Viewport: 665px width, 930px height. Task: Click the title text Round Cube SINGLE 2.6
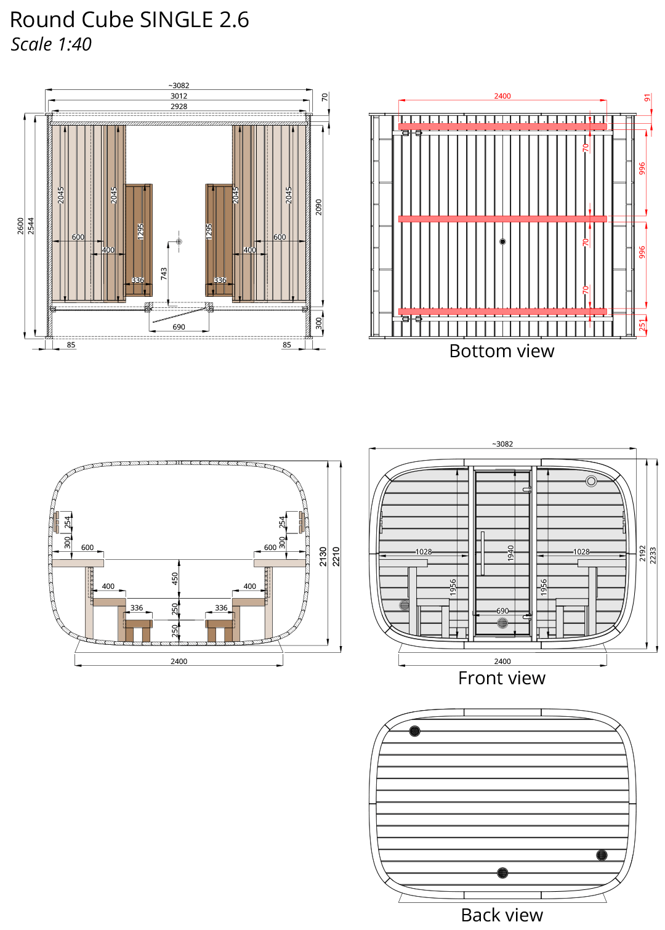[x=129, y=20]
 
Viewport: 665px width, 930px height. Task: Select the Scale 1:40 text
[x=51, y=44]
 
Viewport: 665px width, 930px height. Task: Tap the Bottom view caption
[x=502, y=351]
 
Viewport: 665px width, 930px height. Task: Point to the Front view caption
[x=502, y=678]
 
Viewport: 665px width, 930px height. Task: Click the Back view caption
[x=502, y=915]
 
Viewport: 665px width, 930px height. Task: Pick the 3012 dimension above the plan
[x=179, y=96]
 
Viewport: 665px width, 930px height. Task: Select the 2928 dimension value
[x=179, y=107]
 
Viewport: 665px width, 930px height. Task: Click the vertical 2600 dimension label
[x=20, y=225]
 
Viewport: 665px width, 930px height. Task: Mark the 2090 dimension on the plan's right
[x=318, y=207]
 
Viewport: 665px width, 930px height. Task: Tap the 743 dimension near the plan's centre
[x=164, y=273]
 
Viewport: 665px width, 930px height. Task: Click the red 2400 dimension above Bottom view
[x=502, y=96]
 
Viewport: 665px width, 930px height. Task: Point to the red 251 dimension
[x=643, y=325]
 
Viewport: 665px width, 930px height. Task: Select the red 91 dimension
[x=647, y=98]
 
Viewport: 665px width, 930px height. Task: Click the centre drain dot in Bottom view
[x=502, y=242]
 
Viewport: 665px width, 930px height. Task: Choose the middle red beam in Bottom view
[x=502, y=219]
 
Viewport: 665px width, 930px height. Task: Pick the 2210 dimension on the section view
[x=336, y=556]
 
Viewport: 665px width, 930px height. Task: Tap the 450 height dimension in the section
[x=175, y=578]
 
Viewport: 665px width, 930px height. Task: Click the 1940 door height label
[x=510, y=552]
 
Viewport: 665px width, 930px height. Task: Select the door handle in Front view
[x=483, y=552]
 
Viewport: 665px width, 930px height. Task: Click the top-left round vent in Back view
[x=414, y=731]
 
